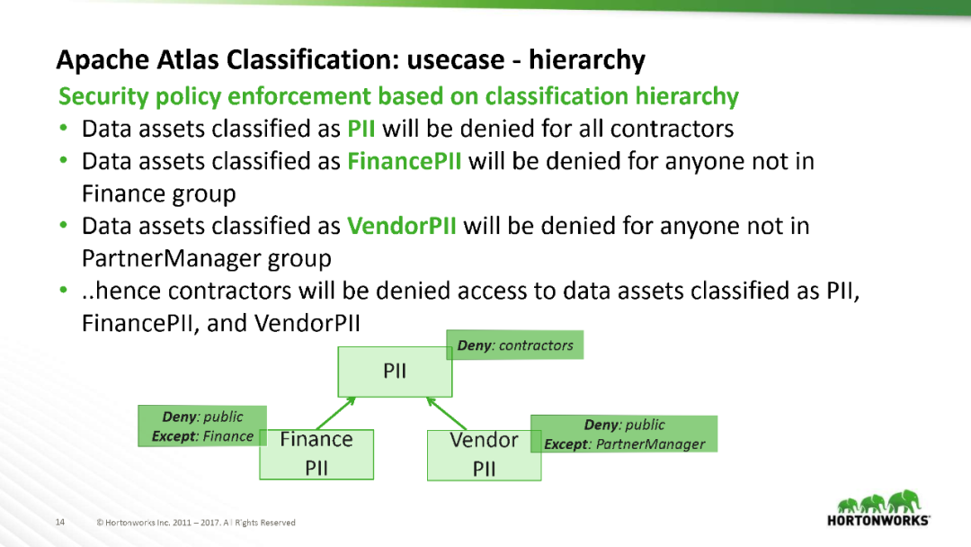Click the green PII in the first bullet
pyautogui.click(x=361, y=129)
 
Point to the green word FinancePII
pyautogui.click(x=405, y=161)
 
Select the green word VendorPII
pyautogui.click(x=401, y=226)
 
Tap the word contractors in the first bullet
pyautogui.click(x=672, y=129)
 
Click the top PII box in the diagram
pyautogui.click(x=395, y=372)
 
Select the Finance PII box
pyautogui.click(x=316, y=454)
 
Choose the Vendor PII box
pyautogui.click(x=484, y=455)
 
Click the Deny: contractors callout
pyautogui.click(x=514, y=345)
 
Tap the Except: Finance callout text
pyautogui.click(x=202, y=436)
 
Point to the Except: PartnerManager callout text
pyautogui.click(x=624, y=444)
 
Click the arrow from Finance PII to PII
pyautogui.click(x=336, y=413)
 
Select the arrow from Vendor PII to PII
pyautogui.click(x=447, y=414)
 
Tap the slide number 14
pyautogui.click(x=60, y=522)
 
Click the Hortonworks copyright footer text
pyautogui.click(x=196, y=522)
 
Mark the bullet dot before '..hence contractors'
pyautogui.click(x=63, y=290)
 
